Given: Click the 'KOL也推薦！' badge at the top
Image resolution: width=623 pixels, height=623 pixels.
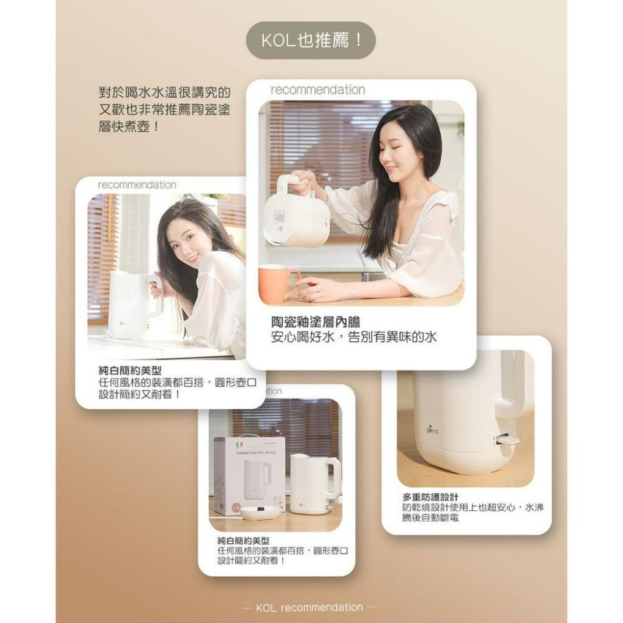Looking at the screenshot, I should coord(311,40).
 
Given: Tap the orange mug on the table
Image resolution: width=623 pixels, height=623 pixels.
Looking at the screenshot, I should coord(277,283).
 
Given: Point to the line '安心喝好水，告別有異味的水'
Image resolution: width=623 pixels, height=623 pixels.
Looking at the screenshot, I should coord(354,338).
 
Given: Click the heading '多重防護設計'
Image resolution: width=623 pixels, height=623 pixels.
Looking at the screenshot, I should coord(430,497).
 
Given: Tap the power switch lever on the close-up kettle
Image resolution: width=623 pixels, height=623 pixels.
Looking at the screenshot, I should coord(507,440).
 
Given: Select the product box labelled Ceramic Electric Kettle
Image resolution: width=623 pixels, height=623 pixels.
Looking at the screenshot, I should coord(249,475).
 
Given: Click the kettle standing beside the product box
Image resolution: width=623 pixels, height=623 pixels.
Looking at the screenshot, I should coord(315,483).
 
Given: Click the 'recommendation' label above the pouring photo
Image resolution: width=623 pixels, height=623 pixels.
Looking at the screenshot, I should coord(318,90).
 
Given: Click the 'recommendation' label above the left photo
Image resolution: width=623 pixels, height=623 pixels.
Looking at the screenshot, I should coord(137,185).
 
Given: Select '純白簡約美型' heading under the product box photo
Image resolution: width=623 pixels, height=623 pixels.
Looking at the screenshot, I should coord(243,541).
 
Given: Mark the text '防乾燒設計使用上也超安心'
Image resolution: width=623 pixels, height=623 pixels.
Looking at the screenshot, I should coord(458,508).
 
